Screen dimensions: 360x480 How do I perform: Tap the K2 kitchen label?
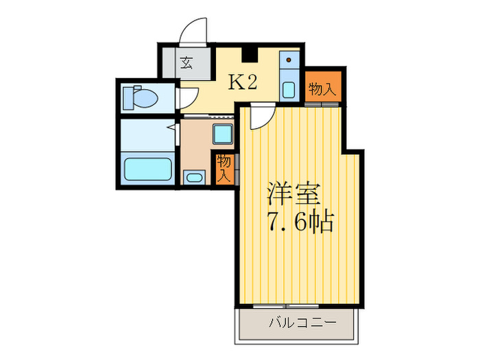coord(242,83)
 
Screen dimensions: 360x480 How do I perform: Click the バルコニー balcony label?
coord(296,321)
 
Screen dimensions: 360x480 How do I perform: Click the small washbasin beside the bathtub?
coord(193,178)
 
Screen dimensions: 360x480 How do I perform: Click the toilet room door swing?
coord(186,97)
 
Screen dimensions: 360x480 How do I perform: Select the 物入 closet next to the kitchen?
coord(322,88)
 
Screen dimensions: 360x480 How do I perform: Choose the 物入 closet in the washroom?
coord(224,169)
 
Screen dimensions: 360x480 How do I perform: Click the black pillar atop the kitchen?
coord(250,53)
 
